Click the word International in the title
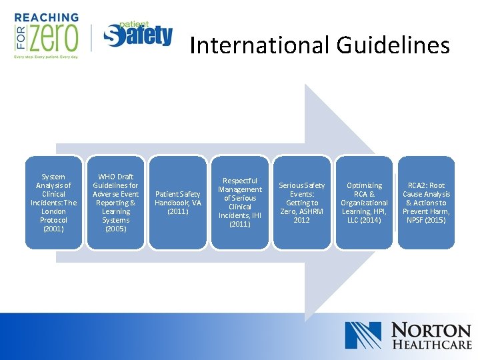(259, 45)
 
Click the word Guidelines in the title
(393, 45)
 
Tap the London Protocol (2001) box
(54, 203)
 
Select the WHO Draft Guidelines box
(116, 203)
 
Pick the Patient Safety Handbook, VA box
(177, 203)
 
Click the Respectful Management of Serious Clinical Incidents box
(240, 203)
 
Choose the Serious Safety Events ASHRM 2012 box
(302, 203)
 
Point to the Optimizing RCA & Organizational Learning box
(364, 203)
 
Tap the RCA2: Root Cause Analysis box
(426, 203)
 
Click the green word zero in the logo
(53, 37)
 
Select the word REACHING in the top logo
(46, 17)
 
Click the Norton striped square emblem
(363, 335)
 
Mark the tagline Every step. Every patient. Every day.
(46, 57)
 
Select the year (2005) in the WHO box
(116, 229)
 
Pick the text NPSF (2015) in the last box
(426, 220)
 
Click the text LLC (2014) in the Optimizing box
(364, 220)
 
